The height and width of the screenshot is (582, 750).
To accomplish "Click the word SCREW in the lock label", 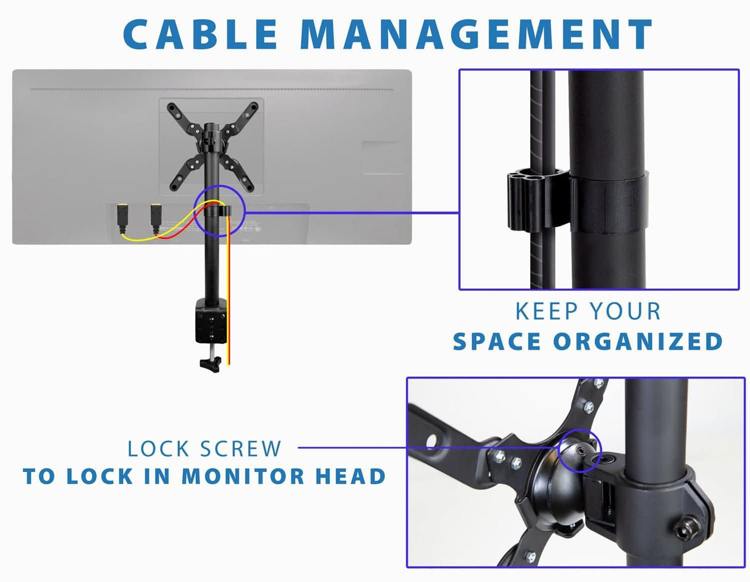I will (242, 449).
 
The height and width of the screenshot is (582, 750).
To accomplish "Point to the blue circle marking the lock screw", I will (579, 451).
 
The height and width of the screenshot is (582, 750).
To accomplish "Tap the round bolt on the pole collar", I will (691, 526).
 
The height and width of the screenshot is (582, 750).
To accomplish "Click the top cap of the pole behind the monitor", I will (211, 127).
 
